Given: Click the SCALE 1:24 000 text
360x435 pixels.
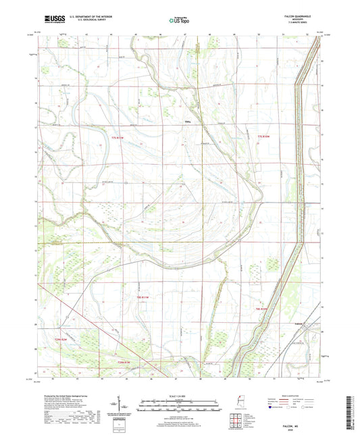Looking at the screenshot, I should point(180,396).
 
